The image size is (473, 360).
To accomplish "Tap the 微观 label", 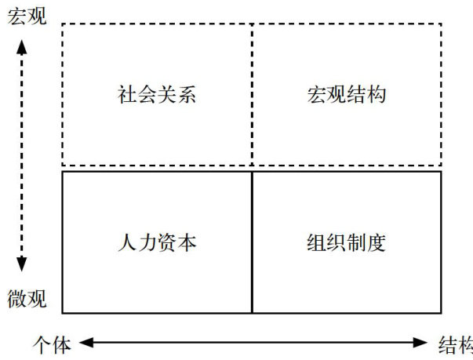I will click(x=27, y=300).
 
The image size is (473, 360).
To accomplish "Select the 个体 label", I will click(x=53, y=343).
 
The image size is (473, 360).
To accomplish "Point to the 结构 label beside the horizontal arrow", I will click(x=454, y=343).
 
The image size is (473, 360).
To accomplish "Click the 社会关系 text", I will click(x=156, y=96).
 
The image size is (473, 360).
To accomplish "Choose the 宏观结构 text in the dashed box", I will click(x=346, y=96).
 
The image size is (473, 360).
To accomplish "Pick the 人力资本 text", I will click(x=156, y=242).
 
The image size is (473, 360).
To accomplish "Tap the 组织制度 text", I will click(x=346, y=242).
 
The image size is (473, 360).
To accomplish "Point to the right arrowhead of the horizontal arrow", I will click(x=423, y=342).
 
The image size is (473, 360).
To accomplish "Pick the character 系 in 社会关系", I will click(x=186, y=96).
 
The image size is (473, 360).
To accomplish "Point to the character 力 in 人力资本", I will click(x=146, y=242).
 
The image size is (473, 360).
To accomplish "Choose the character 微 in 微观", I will click(x=17, y=300).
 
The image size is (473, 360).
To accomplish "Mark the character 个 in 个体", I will click(x=42, y=343).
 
